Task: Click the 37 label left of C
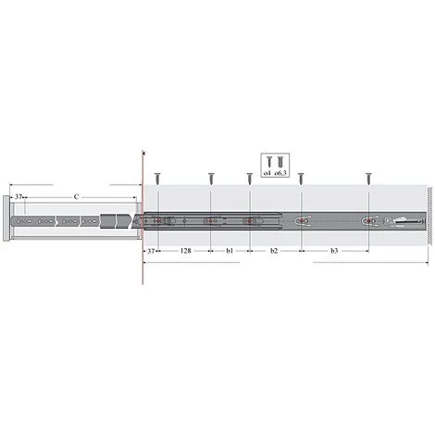pos(19,197)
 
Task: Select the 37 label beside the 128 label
pos(151,250)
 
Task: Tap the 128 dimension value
pos(185,250)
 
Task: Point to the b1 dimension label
pos(230,250)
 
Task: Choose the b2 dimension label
pos(274,250)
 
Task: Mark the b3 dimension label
pos(334,250)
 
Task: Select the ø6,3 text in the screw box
pos(283,173)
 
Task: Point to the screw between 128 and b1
pos(211,176)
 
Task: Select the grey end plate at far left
pos(7,222)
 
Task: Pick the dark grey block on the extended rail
pos(111,222)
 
